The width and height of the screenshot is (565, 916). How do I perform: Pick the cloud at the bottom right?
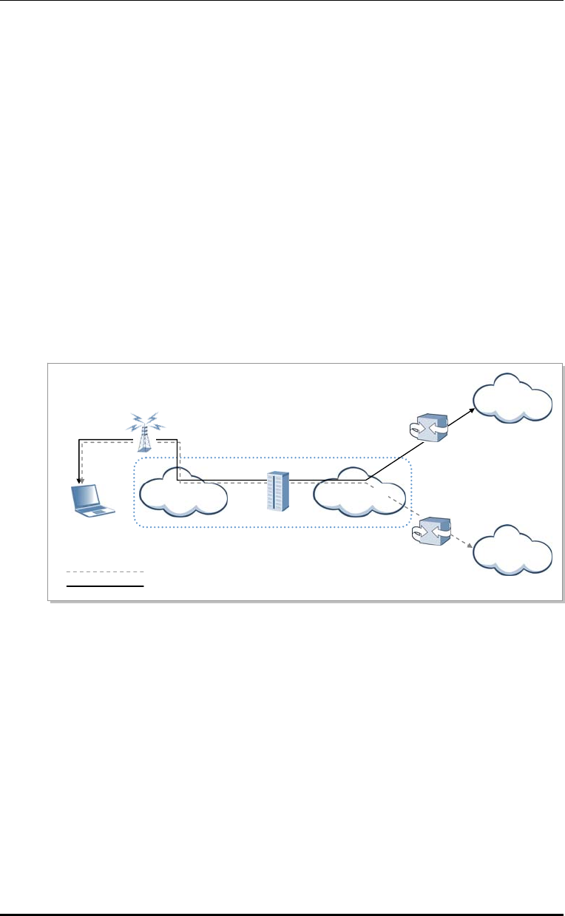(512, 548)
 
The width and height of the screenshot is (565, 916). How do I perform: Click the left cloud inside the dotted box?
(183, 492)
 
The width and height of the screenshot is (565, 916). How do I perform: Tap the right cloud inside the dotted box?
(359, 492)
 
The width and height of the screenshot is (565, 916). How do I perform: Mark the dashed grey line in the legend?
(105, 572)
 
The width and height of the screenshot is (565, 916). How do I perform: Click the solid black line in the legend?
(105, 585)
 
